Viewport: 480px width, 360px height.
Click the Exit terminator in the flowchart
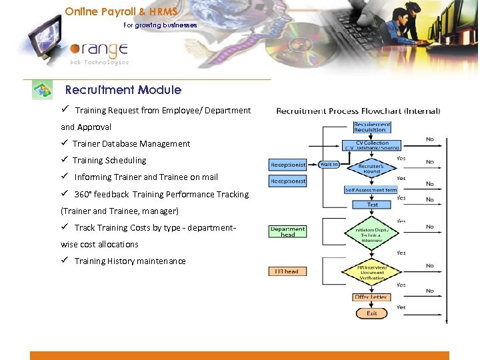pos(371,313)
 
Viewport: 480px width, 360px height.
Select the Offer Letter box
pos(371,297)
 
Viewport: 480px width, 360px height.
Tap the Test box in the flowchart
pos(372,205)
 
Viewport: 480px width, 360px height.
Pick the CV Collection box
pos(372,145)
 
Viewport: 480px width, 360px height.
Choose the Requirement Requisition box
pos(372,127)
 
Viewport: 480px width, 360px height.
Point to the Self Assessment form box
pos(371,190)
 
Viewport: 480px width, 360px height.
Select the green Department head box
pos(287,231)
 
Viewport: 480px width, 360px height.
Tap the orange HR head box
pos(287,271)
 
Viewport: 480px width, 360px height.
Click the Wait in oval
pos(329,164)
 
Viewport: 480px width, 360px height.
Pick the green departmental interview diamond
pos(371,233)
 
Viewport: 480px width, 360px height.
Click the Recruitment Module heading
pos(123,90)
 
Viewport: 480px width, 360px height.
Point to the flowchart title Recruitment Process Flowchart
pos(358,111)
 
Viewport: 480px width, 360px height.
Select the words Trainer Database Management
pos(131,143)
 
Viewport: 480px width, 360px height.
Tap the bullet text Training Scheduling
pos(109,160)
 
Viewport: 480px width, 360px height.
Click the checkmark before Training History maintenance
pos(65,261)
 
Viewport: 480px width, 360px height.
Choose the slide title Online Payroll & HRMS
pos(121,12)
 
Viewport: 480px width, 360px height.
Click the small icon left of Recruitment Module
pos(43,90)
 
